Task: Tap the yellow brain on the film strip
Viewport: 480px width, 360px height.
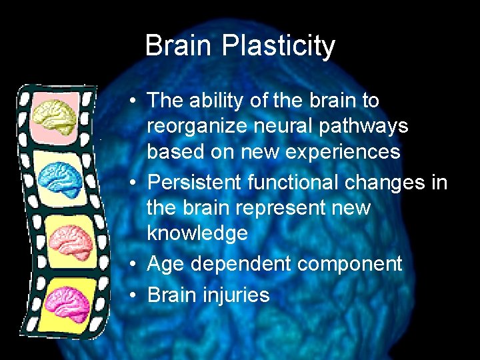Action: [x=57, y=115]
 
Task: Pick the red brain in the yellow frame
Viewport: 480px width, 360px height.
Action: [x=69, y=239]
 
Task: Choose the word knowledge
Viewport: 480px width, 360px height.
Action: [x=197, y=233]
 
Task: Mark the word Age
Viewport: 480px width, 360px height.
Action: [x=165, y=264]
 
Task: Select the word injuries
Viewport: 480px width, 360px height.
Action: [x=237, y=295]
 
